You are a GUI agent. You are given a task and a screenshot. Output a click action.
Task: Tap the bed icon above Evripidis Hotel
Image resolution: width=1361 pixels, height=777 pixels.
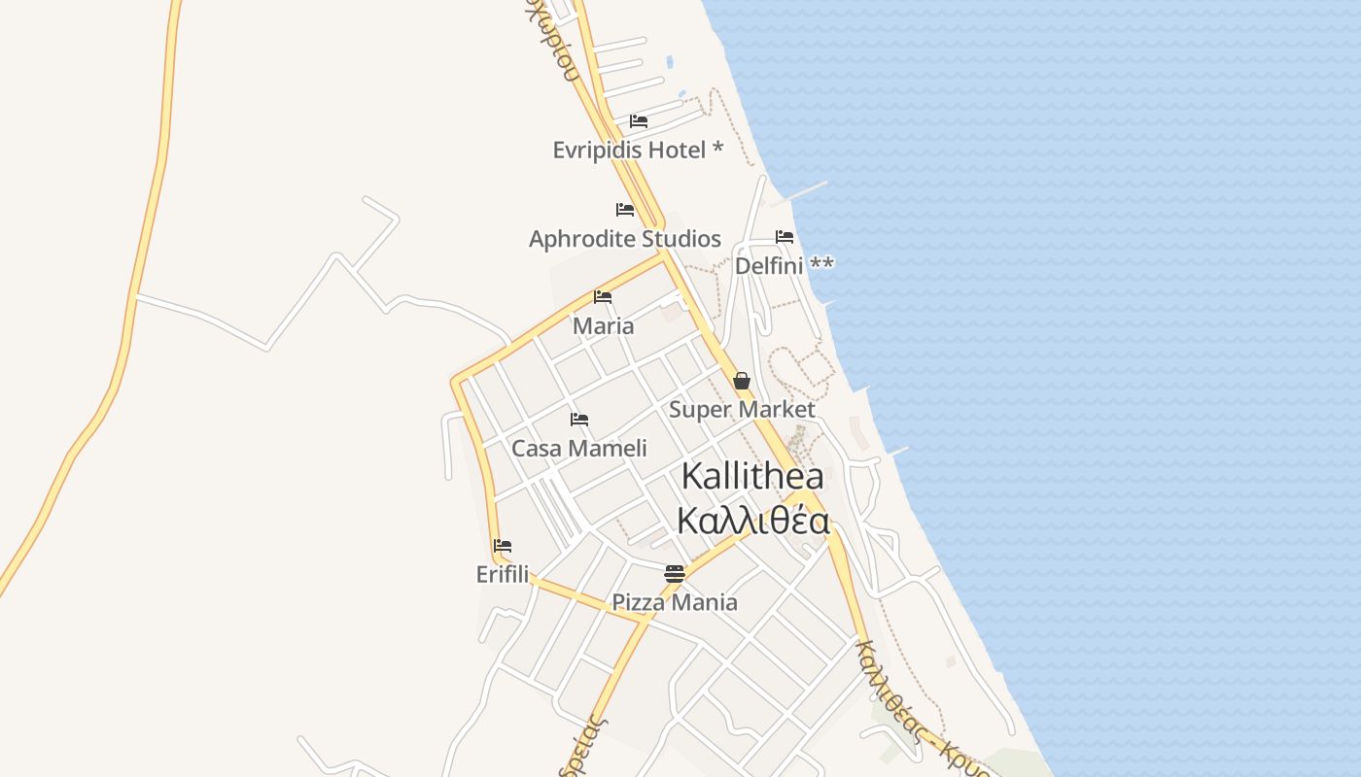coord(639,121)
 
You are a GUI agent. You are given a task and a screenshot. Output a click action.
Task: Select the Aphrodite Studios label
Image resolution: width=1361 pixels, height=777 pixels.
coord(625,239)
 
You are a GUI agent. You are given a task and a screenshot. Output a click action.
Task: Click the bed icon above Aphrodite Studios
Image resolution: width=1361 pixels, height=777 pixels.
coord(625,210)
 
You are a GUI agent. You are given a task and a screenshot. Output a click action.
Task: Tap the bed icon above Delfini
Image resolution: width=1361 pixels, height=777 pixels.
coord(785,237)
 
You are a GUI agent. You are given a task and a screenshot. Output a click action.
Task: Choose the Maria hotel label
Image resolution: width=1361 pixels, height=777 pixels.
coord(603,326)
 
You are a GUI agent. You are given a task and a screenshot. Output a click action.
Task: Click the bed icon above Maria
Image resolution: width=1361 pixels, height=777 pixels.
coord(603,297)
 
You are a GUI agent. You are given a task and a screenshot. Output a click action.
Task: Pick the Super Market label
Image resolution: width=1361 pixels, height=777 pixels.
coord(742,410)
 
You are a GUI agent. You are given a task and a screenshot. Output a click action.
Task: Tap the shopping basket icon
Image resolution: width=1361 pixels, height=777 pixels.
coord(742,381)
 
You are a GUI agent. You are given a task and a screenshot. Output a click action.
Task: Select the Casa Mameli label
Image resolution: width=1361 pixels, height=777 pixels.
coord(579,449)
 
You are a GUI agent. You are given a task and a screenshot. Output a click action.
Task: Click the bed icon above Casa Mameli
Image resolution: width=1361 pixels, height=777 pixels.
coord(579,420)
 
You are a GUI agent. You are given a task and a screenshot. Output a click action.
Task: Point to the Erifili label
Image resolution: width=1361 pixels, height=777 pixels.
coord(503,575)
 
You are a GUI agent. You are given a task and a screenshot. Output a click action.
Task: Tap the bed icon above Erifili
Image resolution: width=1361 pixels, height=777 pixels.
coord(503,546)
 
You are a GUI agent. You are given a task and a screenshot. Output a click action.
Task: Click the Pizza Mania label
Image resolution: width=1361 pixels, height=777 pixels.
coord(675,603)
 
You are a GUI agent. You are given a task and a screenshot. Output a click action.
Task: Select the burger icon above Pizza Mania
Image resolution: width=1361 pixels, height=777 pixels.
coord(675,574)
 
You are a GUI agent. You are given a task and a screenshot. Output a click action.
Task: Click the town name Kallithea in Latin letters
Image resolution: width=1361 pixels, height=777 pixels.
coord(752,477)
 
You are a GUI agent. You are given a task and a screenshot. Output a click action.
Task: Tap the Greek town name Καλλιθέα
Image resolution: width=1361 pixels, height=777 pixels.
coord(752,522)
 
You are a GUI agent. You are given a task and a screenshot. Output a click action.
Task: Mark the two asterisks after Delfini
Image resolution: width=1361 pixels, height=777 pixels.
coord(821,264)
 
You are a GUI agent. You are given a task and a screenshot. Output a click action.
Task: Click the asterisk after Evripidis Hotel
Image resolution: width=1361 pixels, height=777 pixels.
coord(717,149)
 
